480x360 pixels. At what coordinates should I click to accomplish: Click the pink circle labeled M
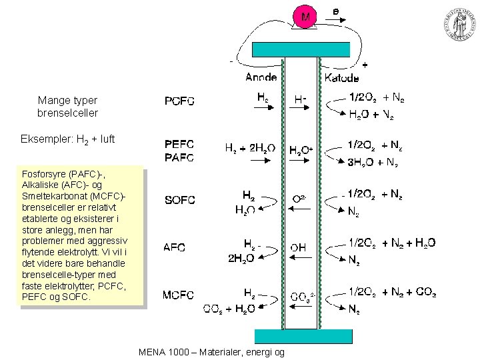[x=305, y=17]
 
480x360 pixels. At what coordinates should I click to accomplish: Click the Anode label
[x=261, y=77]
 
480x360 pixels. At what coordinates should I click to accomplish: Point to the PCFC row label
[x=179, y=101]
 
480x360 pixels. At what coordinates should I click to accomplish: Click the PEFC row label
[x=179, y=144]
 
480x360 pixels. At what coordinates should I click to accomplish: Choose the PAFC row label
[x=179, y=157]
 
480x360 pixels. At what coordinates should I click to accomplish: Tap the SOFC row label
[x=179, y=200]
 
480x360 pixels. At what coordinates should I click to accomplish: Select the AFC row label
[x=175, y=247]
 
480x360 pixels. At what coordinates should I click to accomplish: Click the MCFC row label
[x=179, y=295]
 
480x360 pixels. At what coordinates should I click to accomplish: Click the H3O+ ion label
[x=301, y=151]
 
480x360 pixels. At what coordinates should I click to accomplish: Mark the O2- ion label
[x=300, y=199]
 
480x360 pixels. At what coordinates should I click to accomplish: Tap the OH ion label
[x=298, y=247]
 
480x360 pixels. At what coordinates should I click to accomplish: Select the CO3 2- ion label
[x=301, y=295]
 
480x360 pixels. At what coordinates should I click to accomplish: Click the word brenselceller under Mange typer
[x=67, y=113]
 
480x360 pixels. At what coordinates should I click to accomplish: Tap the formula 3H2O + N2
[x=373, y=162]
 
